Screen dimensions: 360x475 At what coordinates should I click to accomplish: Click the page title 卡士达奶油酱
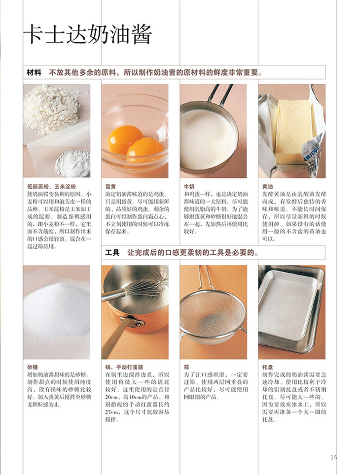[88, 34]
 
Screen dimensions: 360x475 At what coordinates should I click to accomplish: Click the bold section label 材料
[34, 73]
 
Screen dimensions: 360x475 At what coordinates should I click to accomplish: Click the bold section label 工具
[112, 252]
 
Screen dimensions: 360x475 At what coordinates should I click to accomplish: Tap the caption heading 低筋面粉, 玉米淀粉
[52, 187]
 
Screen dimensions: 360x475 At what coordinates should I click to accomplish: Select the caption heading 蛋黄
[110, 187]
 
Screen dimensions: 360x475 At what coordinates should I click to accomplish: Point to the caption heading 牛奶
[189, 187]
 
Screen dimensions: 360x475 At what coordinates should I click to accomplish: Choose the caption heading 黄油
[267, 187]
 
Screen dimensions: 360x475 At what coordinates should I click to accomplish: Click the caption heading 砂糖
[33, 367]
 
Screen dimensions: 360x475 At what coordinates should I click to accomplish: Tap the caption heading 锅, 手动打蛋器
[124, 367]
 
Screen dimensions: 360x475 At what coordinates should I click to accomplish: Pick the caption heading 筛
[186, 367]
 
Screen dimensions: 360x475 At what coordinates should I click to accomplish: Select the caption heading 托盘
[267, 367]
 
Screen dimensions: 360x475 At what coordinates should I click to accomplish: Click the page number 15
[333, 457]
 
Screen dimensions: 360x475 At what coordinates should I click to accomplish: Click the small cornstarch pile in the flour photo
[73, 163]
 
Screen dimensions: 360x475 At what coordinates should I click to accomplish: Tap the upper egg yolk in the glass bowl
[125, 139]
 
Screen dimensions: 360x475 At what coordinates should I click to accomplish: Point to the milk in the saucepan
[208, 138]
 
